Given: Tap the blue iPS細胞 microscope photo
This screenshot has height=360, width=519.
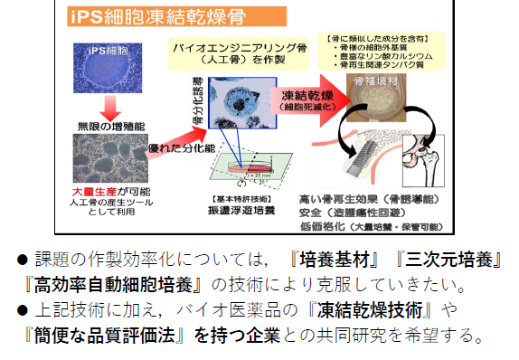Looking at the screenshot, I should (97, 68).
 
